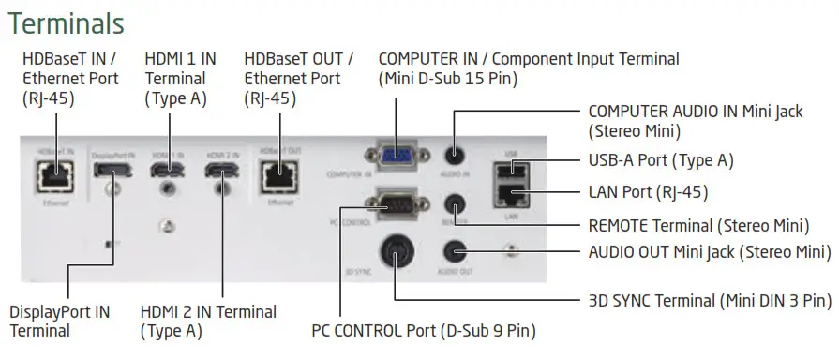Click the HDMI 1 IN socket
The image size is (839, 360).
167,172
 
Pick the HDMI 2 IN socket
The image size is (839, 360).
221,172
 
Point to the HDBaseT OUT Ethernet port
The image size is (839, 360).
278,172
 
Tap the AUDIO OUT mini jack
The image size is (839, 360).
455,250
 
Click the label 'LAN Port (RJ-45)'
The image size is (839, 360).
647,193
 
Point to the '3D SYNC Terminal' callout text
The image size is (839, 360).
709,301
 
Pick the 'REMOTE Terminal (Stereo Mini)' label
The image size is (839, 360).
696,225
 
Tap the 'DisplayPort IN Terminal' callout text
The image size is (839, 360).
59,321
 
